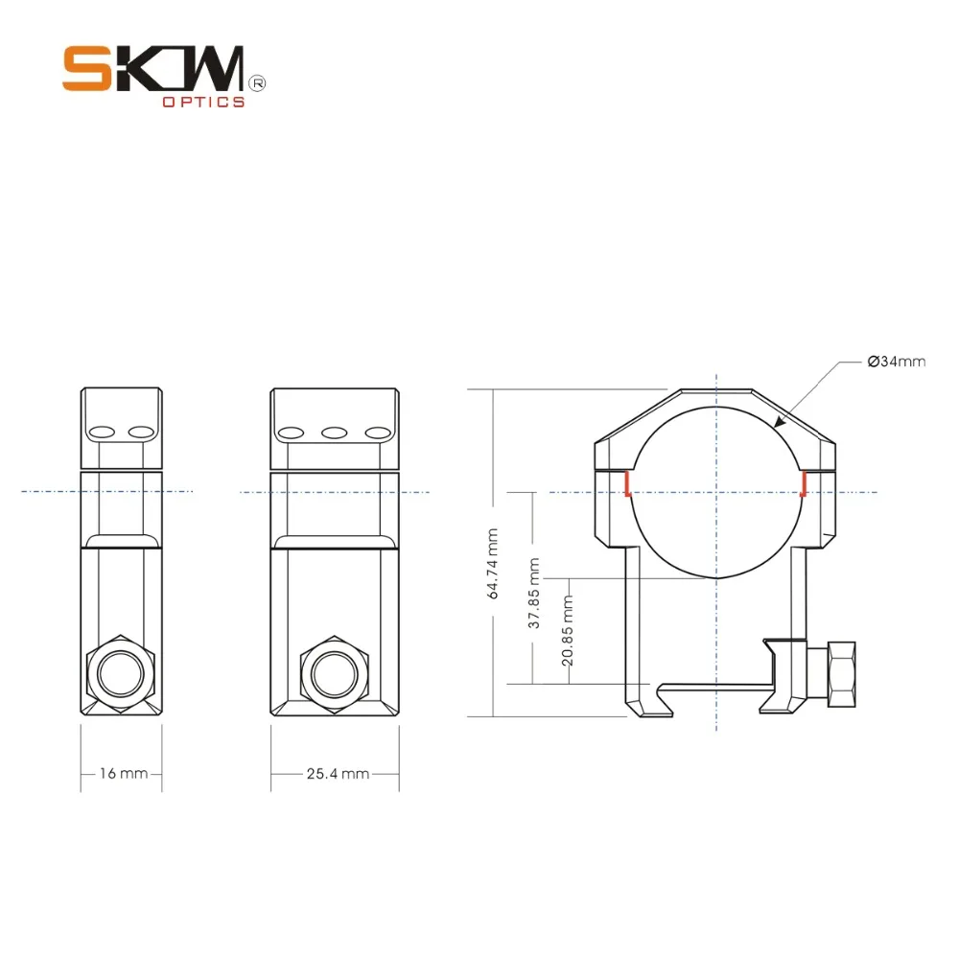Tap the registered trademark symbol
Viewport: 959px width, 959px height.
tap(257, 83)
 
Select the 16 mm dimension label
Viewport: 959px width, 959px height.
tap(122, 773)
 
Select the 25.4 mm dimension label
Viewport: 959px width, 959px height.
tap(338, 773)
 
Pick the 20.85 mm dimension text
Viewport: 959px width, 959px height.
tap(568, 631)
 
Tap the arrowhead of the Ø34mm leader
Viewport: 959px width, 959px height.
tap(779, 421)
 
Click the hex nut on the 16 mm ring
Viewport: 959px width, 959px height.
tap(120, 672)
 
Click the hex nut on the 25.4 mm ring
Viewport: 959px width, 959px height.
tap(335, 672)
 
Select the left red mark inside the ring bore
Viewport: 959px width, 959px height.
tap(626, 484)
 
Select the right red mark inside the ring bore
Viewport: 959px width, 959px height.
tap(802, 484)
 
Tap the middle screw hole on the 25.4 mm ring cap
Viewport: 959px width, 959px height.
tap(334, 433)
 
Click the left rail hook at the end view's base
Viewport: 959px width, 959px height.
tap(644, 706)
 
